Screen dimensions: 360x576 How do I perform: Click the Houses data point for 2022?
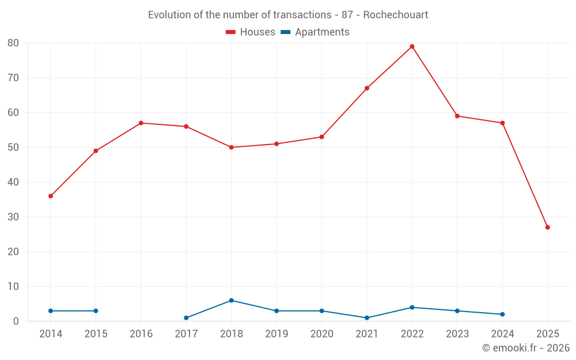pyautogui.click(x=412, y=47)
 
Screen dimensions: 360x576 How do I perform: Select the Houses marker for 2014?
pyautogui.click(x=51, y=196)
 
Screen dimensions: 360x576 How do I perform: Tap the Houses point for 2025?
pyautogui.click(x=547, y=228)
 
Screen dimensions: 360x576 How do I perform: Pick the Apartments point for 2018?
pyautogui.click(x=232, y=301)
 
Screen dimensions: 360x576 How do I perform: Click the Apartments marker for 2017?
pyautogui.click(x=186, y=318)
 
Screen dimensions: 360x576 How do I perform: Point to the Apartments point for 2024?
pyautogui.click(x=502, y=314)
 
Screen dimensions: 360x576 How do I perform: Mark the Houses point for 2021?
pyautogui.click(x=367, y=88)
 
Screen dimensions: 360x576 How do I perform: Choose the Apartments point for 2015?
pyautogui.click(x=96, y=311)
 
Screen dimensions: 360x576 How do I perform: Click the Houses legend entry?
pyautogui.click(x=251, y=32)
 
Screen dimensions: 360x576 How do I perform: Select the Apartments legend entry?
pyautogui.click(x=315, y=32)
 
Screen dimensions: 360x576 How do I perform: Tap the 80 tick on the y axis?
pyautogui.click(x=13, y=43)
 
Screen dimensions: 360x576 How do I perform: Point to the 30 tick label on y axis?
pyautogui.click(x=13, y=217)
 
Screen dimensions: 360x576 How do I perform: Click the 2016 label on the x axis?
pyautogui.click(x=141, y=334)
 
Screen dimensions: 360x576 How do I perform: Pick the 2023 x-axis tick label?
pyautogui.click(x=457, y=334)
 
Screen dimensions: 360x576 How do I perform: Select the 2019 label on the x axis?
pyautogui.click(x=276, y=334)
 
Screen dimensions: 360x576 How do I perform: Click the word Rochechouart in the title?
pyautogui.click(x=396, y=15)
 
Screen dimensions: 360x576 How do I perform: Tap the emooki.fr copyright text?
pyautogui.click(x=526, y=348)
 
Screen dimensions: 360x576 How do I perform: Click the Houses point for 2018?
pyautogui.click(x=232, y=147)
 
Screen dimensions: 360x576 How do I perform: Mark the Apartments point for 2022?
pyautogui.click(x=412, y=308)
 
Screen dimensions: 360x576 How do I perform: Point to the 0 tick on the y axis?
pyautogui.click(x=16, y=321)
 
